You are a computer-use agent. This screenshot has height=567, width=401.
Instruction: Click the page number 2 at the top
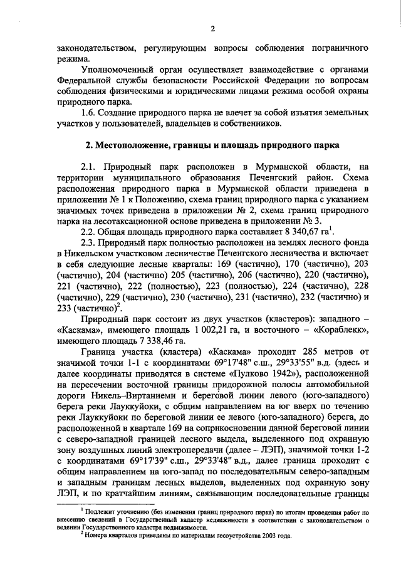pyautogui.click(x=212, y=28)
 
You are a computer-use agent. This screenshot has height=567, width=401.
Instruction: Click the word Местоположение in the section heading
pyautogui.click(x=134, y=145)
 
